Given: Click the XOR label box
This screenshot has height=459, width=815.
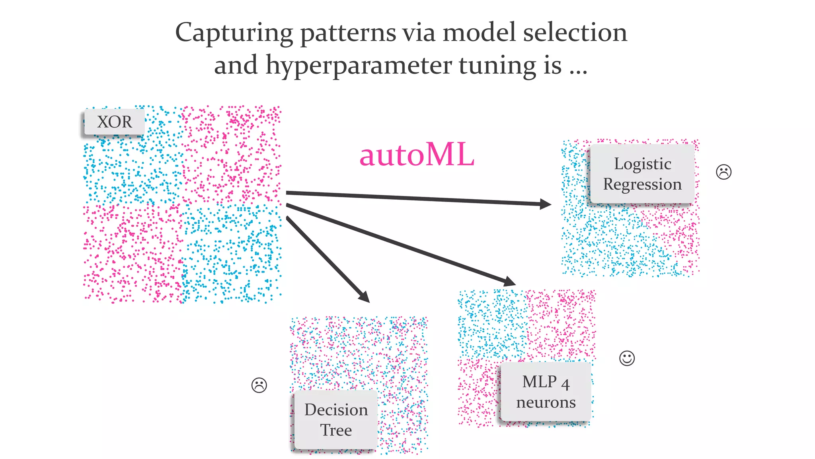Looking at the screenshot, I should pyautogui.click(x=114, y=122).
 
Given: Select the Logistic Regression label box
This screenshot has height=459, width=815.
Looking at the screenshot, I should pyautogui.click(x=642, y=174).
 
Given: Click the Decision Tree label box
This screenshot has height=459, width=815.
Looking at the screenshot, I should pyautogui.click(x=336, y=420).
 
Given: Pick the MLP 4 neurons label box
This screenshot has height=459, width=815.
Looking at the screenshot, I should pyautogui.click(x=546, y=392).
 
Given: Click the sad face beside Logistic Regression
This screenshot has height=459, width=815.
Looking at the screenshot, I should pyautogui.click(x=723, y=172).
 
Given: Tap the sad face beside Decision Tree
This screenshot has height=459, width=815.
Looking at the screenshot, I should pyautogui.click(x=259, y=385).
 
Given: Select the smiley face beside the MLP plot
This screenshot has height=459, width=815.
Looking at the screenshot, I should pyautogui.click(x=627, y=358).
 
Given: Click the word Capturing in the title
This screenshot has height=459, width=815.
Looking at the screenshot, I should pyautogui.click(x=234, y=33).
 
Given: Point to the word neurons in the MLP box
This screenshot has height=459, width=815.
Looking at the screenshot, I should pyautogui.click(x=546, y=403).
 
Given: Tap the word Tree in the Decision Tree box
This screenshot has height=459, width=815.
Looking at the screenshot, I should pyautogui.click(x=336, y=430).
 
